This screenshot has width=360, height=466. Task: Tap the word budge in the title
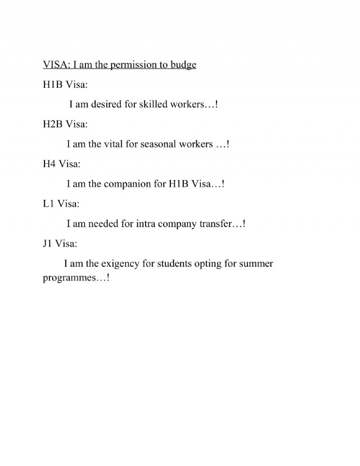coord(183,65)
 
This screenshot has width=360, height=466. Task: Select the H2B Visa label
coord(65,124)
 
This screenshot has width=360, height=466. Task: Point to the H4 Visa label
coord(61,164)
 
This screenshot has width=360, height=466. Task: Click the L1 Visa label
coord(61,204)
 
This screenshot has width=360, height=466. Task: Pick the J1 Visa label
coord(60,244)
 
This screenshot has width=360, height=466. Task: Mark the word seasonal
coord(159,144)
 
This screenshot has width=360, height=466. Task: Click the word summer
coord(256,263)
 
